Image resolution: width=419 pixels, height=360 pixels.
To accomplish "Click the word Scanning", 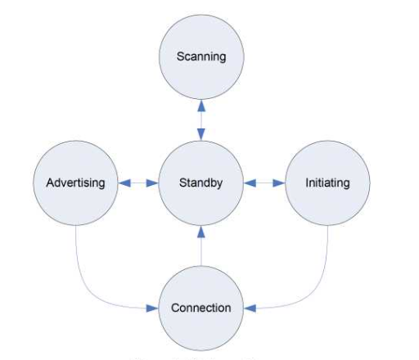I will [200, 57].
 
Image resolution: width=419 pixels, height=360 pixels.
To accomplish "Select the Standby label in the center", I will [200, 182].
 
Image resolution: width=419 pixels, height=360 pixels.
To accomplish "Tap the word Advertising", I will [74, 182].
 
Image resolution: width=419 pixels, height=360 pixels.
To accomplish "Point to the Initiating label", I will [327, 182].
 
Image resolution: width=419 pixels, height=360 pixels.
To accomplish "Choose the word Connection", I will [200, 308].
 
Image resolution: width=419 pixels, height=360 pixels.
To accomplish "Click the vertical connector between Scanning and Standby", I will [200, 119].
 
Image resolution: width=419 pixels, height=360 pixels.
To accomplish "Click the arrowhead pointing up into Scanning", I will [200, 106].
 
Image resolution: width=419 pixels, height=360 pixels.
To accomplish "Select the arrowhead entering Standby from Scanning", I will [200, 134].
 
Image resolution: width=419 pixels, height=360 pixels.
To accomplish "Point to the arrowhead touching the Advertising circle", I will [124, 182].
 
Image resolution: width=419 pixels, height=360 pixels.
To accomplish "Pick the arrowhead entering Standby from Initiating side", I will [250, 182].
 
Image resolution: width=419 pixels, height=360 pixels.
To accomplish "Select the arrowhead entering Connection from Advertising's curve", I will [151, 308].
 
